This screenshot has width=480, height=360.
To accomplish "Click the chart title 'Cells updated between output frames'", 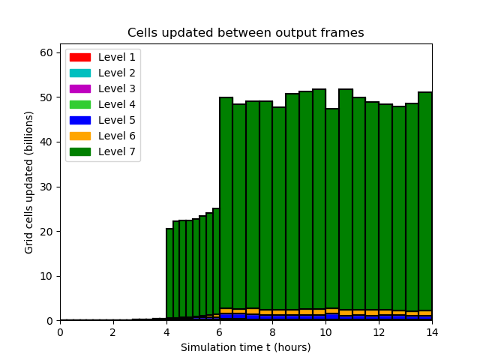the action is [x=245, y=32].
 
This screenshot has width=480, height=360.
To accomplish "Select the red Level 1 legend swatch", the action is [x=80, y=57].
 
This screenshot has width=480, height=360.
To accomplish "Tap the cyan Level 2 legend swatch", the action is [x=80, y=73].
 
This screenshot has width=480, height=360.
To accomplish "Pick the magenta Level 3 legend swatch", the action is [x=80, y=88].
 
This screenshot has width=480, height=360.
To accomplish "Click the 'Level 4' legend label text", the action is [x=117, y=104].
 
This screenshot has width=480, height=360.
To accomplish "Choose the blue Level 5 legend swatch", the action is [x=80, y=120].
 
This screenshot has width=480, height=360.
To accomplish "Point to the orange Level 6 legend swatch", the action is [x=80, y=136].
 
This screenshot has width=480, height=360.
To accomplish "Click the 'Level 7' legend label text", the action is [x=117, y=151].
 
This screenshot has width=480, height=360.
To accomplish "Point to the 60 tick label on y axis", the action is [x=46, y=52].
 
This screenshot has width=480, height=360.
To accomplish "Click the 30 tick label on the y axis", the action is [x=46, y=187].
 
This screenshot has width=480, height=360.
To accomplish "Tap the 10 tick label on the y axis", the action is [x=46, y=276].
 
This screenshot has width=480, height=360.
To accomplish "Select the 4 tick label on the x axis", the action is [x=166, y=332].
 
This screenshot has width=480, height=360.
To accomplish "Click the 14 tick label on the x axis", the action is [x=432, y=332].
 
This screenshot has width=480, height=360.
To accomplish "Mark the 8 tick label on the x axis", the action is [x=272, y=332].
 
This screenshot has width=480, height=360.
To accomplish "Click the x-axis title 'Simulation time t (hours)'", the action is [x=245, y=347].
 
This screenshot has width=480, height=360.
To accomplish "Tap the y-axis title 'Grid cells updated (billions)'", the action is [x=28, y=182].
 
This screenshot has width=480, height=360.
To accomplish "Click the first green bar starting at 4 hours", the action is [x=169, y=273].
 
